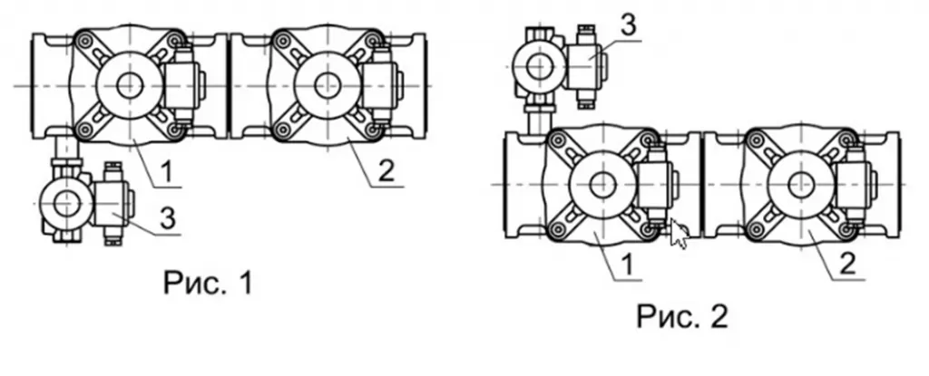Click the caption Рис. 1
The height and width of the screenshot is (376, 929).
(208, 283)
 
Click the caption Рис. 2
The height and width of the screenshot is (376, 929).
(682, 316)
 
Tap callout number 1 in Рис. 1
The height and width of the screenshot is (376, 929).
(168, 172)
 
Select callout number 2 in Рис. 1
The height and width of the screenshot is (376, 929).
(386, 172)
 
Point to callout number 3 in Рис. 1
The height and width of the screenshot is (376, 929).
(168, 219)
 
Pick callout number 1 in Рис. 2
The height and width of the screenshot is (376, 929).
(628, 265)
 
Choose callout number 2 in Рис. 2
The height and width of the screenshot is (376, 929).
(848, 264)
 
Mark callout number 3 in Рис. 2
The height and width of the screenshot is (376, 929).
(628, 26)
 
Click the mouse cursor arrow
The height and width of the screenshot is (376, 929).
(679, 233)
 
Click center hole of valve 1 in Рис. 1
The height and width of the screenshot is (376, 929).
(130, 86)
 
